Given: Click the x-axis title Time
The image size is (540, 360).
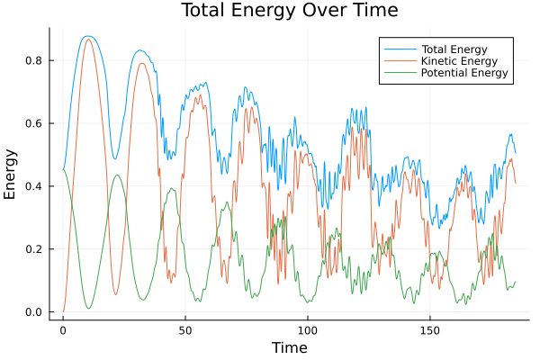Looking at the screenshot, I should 290,347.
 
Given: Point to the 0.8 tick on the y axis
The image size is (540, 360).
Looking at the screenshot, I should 34,60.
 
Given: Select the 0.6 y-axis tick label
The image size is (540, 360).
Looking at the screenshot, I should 34,123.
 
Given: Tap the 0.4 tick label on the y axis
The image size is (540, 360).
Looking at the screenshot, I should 34,186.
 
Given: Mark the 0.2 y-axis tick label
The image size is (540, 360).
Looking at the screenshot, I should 34,249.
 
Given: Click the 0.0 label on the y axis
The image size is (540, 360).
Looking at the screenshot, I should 34,312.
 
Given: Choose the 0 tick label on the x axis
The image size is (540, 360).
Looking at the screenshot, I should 63,329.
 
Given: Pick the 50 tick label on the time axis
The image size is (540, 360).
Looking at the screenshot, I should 185,329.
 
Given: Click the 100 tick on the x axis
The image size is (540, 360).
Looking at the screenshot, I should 308,329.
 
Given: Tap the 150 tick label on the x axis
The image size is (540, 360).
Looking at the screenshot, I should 430,329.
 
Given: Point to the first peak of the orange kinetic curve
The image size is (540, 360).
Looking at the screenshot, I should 87,40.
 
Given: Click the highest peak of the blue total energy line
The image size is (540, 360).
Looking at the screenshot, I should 87,36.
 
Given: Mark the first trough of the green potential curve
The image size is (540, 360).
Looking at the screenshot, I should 88,309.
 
